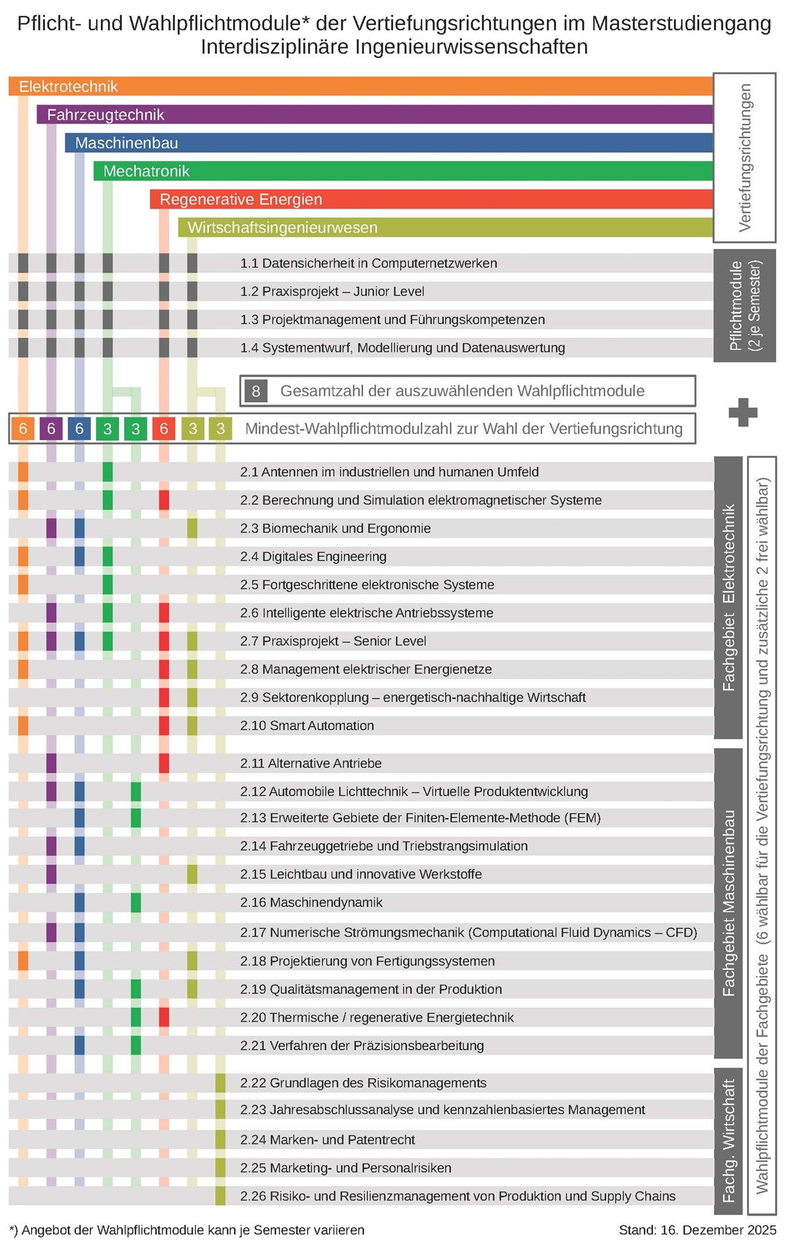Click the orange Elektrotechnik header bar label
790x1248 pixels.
click(68, 87)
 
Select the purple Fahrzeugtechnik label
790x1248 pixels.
click(105, 115)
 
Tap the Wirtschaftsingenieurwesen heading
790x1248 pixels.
click(282, 228)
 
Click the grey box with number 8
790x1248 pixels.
click(256, 391)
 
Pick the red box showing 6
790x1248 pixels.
click(164, 429)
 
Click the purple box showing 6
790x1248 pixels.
click(51, 429)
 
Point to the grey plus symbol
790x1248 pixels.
click(742, 412)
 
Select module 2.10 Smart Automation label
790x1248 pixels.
click(307, 726)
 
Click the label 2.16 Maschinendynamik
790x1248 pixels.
click(311, 903)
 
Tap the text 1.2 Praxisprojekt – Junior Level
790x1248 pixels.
click(332, 292)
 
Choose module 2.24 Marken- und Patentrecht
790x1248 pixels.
click(327, 1140)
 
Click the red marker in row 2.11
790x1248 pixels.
click(164, 764)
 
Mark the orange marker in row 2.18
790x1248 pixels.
click(23, 961)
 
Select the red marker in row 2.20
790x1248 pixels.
click(164, 1017)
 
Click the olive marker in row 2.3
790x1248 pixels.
click(192, 528)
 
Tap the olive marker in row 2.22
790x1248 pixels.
click(220, 1083)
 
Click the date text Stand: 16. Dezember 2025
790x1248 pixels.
click(697, 1230)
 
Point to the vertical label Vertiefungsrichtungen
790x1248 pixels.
click(744, 158)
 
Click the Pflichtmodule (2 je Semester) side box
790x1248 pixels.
click(744, 306)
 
